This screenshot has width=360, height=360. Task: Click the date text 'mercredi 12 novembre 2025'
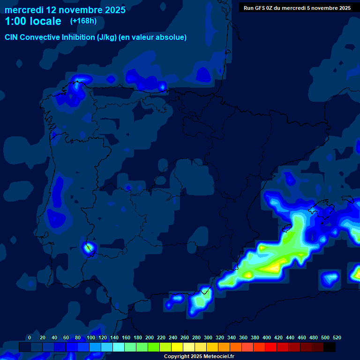coord(65,10)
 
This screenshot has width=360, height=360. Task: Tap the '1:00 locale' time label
coord(33,21)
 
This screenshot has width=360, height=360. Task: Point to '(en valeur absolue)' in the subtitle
coord(152,37)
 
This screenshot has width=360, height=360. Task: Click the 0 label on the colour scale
coord(30,337)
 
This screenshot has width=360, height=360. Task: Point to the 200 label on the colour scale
coord(150,337)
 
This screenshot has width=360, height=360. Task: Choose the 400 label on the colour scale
coord(267,337)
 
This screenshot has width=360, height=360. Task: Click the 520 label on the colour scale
coord(337,337)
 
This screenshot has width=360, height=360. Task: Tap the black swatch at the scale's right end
coord(330,347)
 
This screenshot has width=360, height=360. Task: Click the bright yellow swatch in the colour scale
coord(177,347)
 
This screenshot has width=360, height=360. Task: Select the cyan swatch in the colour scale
coord(119,347)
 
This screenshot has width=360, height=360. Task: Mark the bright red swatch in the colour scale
coord(271,347)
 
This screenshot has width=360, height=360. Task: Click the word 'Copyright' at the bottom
coord(177,357)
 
